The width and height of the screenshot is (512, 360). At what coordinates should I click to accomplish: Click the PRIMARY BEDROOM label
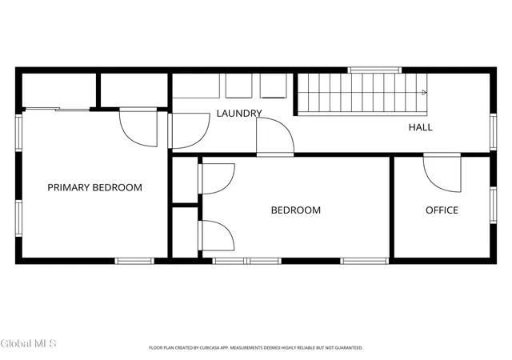tap(94, 187)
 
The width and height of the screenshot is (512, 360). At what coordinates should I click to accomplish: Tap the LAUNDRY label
tap(239, 114)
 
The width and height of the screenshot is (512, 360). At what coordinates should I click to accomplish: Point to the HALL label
tap(421, 127)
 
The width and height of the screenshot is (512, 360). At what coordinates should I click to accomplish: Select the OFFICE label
tap(442, 210)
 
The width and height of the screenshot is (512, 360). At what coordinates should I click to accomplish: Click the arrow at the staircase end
tap(424, 93)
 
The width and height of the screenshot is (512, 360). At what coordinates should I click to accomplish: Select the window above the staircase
tap(374, 70)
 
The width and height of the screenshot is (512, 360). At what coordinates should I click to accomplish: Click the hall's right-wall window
tap(494, 132)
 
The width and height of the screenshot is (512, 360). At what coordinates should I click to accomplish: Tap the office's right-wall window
tap(494, 205)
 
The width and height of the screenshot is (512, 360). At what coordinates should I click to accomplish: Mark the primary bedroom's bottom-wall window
tap(134, 261)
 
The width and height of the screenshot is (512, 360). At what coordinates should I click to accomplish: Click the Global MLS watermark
tap(29, 344)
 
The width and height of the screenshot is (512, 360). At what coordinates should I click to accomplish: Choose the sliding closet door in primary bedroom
tap(58, 109)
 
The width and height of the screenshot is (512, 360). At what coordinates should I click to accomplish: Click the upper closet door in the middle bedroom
tap(217, 178)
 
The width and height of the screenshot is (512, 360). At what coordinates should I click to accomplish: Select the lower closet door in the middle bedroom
tap(217, 235)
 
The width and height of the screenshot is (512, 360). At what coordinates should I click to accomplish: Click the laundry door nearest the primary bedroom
tap(189, 130)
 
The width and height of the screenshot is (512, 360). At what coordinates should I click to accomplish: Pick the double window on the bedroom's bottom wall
tap(247, 261)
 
